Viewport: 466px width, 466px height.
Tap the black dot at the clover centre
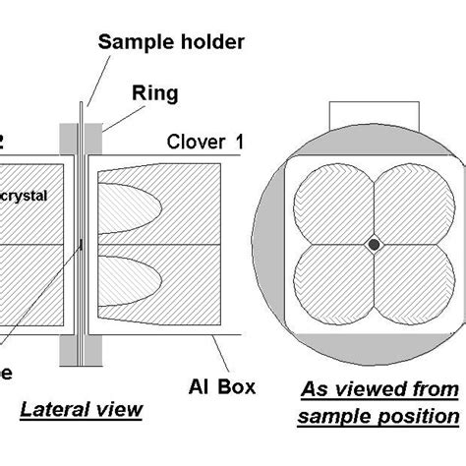point(375,243)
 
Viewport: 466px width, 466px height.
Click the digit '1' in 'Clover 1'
point(239,143)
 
